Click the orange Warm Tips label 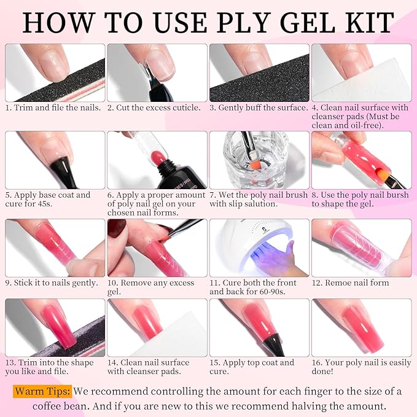(x=42, y=391)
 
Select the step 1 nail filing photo (x=55, y=72)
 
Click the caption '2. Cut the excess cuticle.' (x=154, y=107)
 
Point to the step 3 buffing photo (x=259, y=72)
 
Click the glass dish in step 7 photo (x=259, y=166)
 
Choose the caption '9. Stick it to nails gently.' (x=52, y=283)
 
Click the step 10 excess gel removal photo (x=157, y=247)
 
